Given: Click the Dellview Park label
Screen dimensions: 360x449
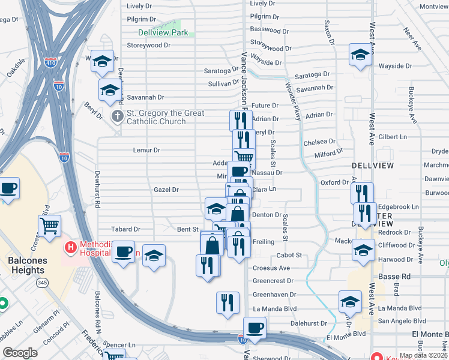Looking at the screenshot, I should [x=163, y=33].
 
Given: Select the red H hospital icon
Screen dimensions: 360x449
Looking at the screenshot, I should [x=71, y=246].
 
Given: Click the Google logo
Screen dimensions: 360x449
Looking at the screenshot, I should [x=20, y=353].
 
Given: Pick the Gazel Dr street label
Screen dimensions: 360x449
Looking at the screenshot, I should [x=166, y=190].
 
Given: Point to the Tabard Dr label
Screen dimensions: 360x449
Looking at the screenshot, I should [x=125, y=229].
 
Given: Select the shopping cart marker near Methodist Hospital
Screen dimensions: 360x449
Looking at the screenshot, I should [x=50, y=226].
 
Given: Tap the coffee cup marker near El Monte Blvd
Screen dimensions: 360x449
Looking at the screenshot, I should [x=255, y=328].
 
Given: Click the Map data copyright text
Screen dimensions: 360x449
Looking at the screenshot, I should [x=423, y=355].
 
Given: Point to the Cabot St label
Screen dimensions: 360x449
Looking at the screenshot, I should [x=289, y=255].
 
